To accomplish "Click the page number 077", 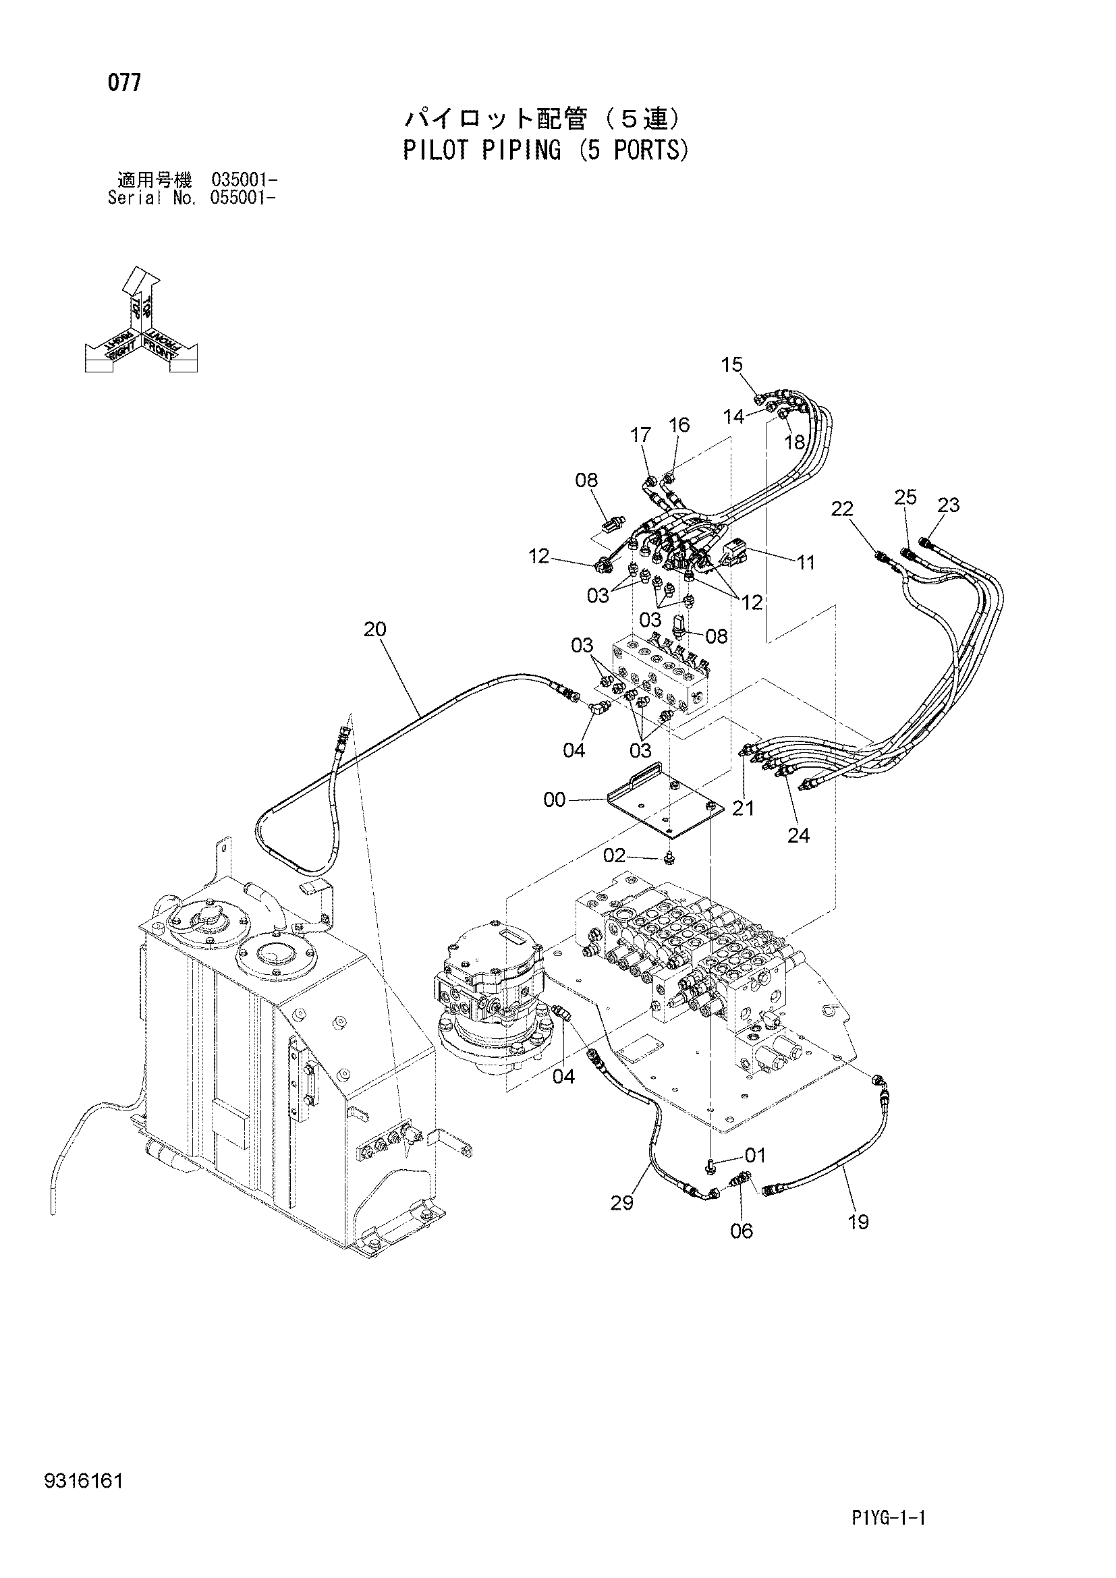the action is (124, 83).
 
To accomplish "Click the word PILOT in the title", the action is (435, 150).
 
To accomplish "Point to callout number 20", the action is (375, 629).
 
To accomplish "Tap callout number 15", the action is (733, 364).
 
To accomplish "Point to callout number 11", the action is (806, 563).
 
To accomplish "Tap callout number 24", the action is (798, 836).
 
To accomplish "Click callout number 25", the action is (905, 497).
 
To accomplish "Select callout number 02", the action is (615, 855).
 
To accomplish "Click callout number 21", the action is (744, 809).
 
